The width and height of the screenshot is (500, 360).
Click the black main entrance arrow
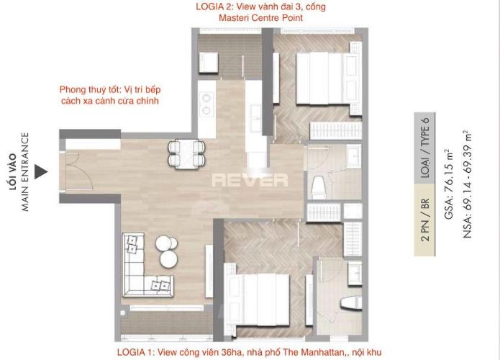[x=42, y=171]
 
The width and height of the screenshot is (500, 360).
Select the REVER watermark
[x=249, y=180]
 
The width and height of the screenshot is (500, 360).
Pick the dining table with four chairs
[x=186, y=153]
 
